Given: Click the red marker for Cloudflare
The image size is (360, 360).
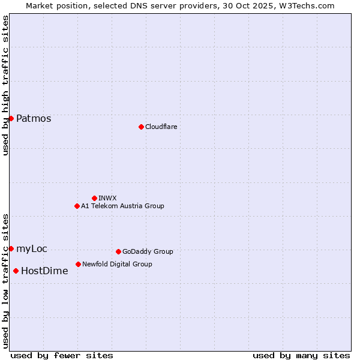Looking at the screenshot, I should (141, 127).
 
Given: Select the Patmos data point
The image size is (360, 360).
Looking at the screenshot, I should (11, 118).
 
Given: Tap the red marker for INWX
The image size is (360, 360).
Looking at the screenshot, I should (94, 198).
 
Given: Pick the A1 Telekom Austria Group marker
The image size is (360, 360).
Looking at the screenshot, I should (77, 206).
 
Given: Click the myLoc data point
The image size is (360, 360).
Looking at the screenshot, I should (11, 248).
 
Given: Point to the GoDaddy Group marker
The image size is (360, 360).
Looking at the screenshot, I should (118, 251).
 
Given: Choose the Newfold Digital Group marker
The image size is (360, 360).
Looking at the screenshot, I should (78, 264).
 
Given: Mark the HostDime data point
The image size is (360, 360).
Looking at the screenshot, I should (16, 271).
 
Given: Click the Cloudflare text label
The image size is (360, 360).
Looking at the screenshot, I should (161, 127).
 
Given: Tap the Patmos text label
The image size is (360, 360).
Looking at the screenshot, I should (34, 118).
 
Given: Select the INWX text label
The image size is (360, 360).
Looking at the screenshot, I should (107, 198).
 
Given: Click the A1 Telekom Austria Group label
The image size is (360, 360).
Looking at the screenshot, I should (122, 206).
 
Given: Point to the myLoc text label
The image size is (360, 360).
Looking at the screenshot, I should (32, 248).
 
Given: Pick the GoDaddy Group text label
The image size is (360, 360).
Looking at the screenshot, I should (148, 251).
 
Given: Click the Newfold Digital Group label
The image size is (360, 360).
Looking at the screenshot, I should (117, 264).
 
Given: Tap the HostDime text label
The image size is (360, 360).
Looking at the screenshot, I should (44, 271).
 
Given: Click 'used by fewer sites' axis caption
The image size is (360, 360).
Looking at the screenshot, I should (62, 355).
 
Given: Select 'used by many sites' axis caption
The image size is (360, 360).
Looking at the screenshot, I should (301, 355).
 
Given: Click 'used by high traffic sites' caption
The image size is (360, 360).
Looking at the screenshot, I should (5, 85).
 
